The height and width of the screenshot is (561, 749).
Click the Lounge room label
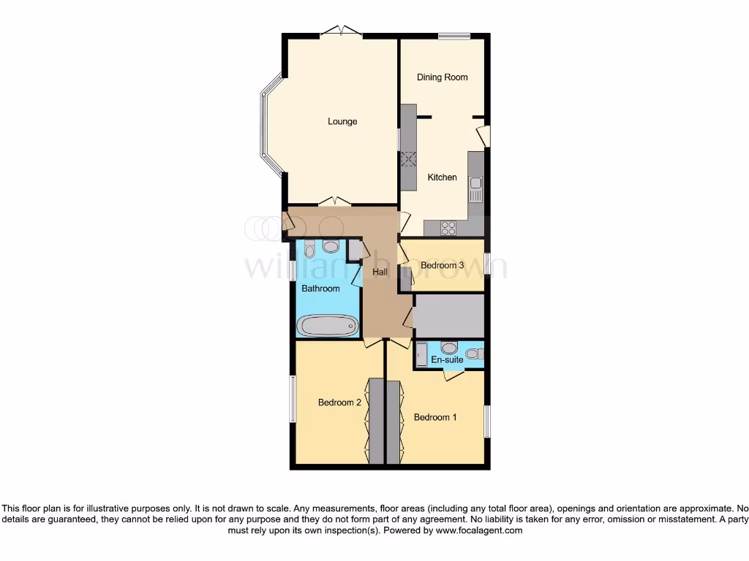342,121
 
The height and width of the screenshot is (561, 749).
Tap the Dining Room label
442,77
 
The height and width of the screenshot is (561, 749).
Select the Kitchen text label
442,178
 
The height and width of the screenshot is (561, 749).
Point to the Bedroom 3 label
442,266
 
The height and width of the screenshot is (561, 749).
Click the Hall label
380,272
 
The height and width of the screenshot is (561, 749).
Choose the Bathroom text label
320,289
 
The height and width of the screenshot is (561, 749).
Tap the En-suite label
446,359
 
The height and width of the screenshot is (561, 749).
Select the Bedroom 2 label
339,402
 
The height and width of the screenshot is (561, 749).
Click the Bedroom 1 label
435,417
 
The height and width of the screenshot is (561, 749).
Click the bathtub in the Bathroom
326,325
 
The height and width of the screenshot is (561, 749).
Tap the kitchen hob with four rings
449,228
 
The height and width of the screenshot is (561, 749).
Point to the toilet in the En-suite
474,354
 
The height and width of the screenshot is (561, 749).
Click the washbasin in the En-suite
448,347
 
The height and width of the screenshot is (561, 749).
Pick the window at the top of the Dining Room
453,35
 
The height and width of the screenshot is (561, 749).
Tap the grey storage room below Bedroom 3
448,316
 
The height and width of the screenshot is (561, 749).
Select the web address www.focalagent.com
479,531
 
